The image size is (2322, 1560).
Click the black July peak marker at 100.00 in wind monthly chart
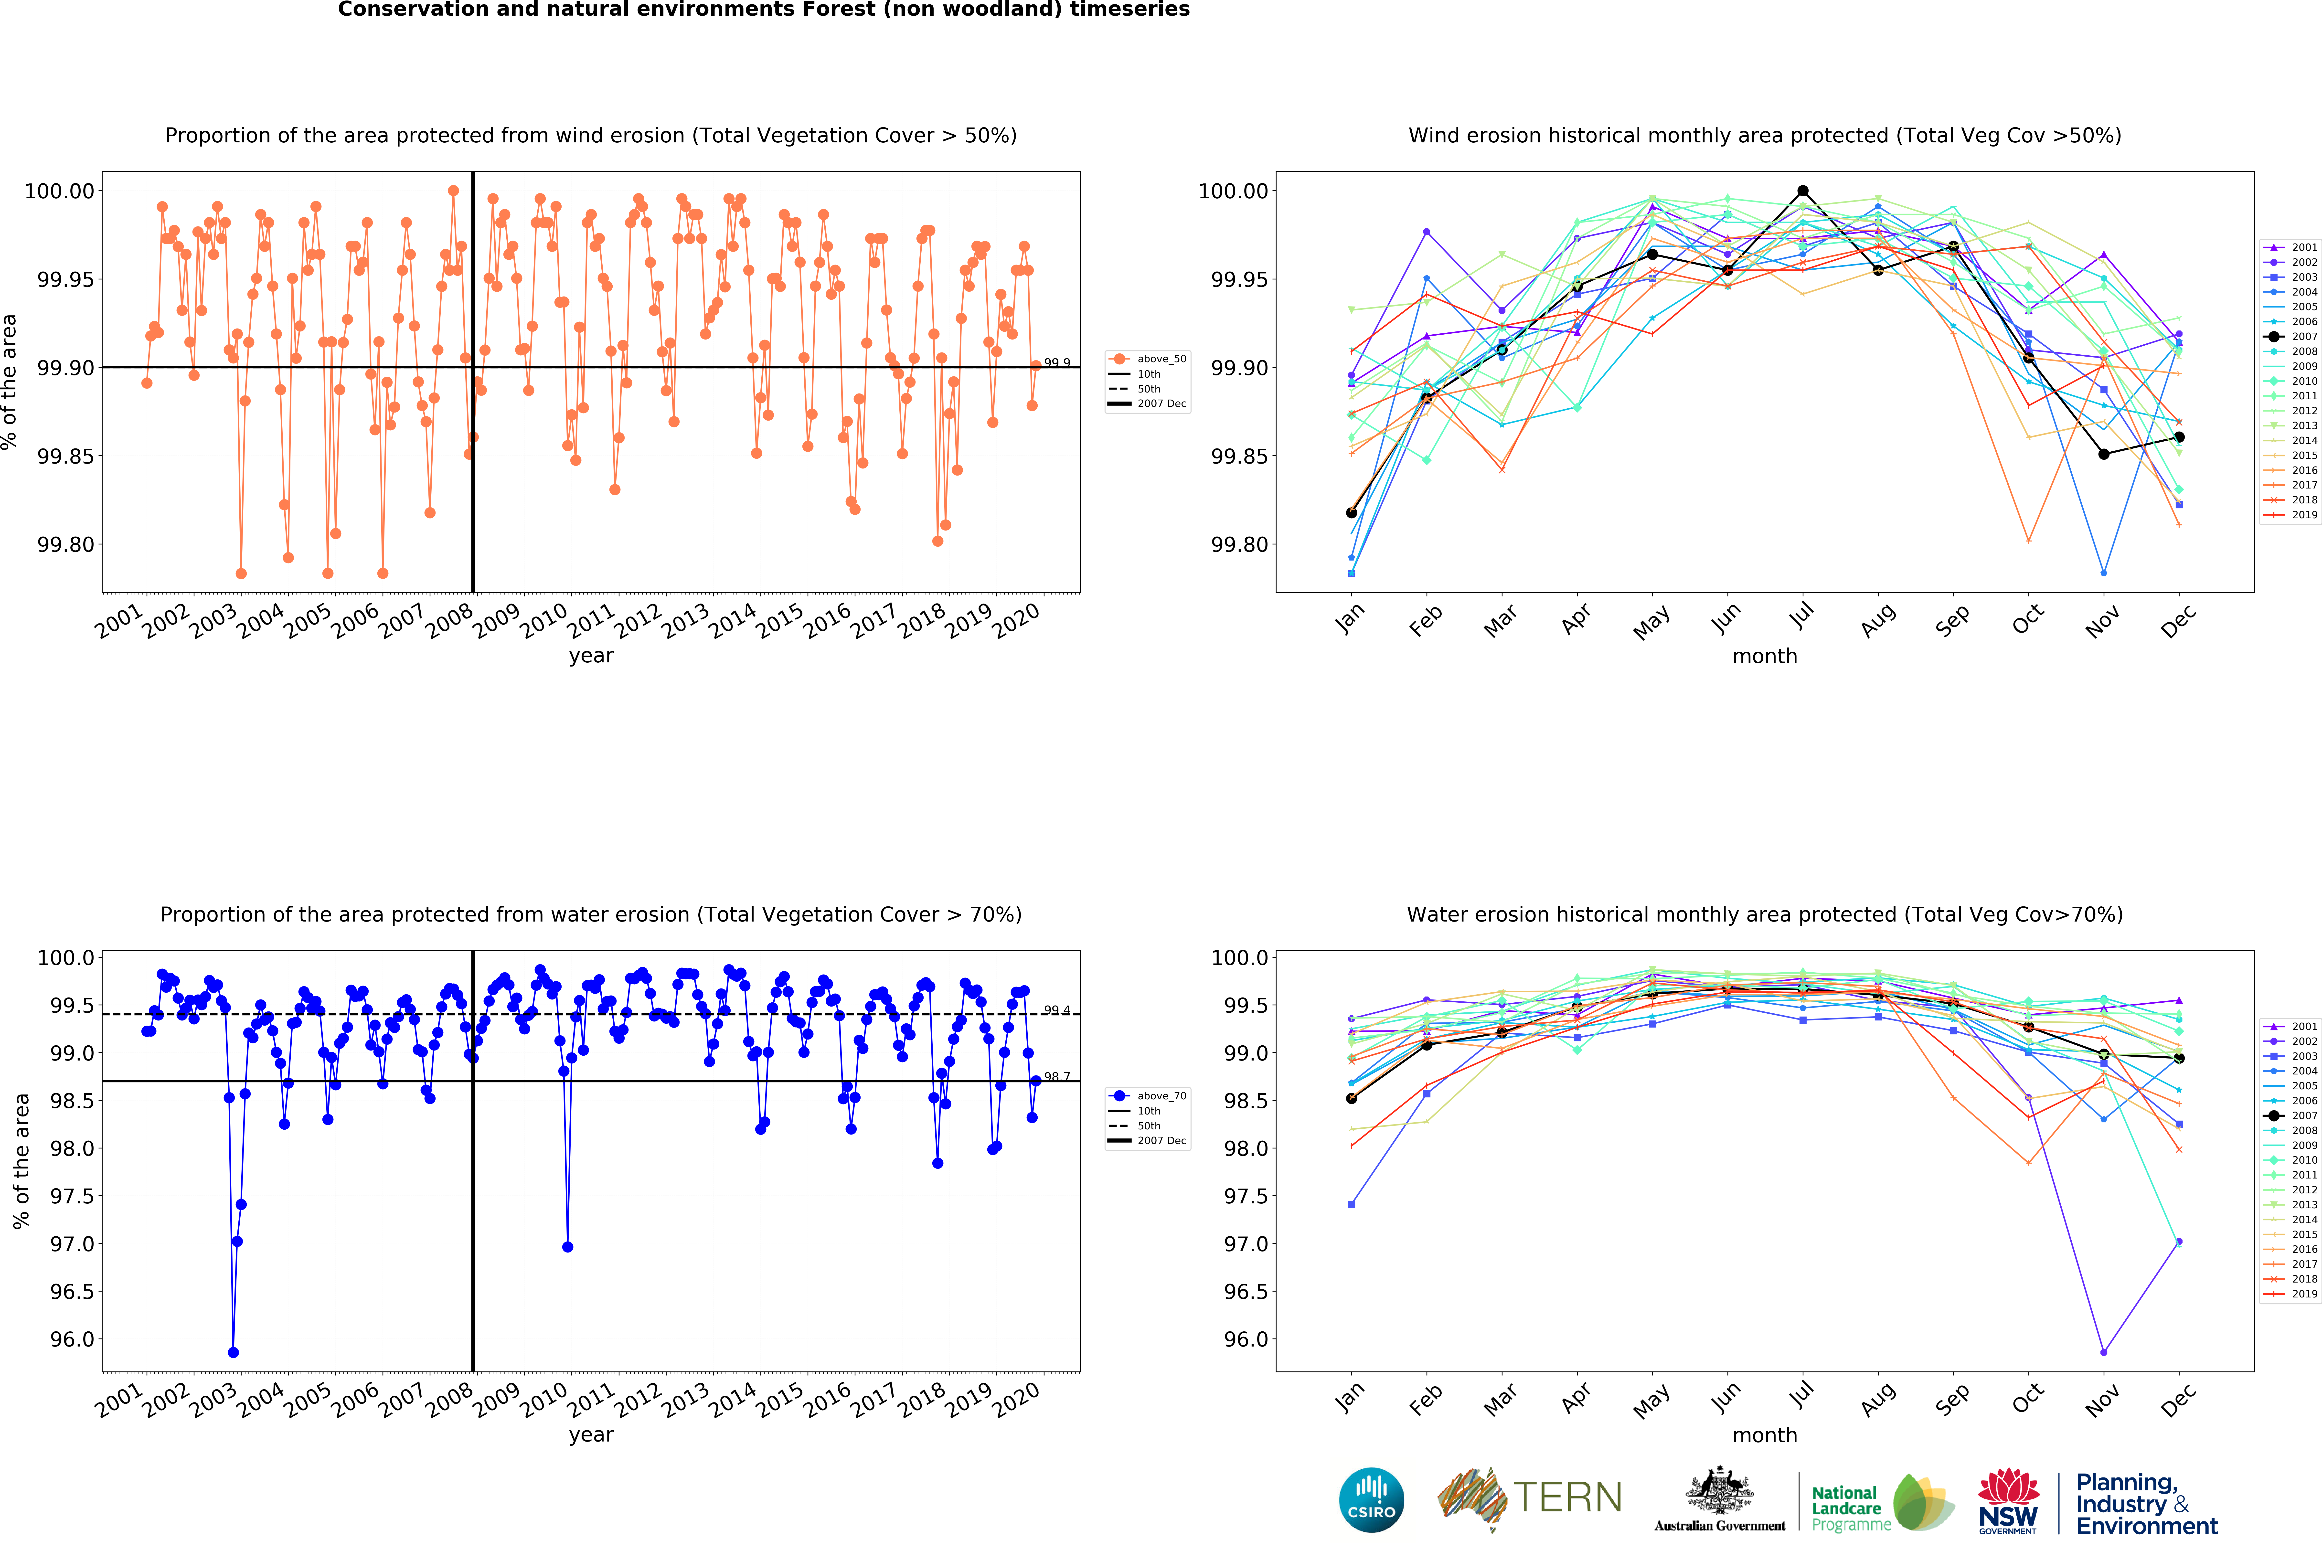click(1803, 191)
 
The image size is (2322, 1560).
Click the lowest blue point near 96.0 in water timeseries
click(233, 1352)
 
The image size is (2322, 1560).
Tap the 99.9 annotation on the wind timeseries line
click(1056, 363)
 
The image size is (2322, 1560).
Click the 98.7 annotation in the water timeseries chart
click(1056, 1076)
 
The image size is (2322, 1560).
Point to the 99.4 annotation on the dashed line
click(1056, 1010)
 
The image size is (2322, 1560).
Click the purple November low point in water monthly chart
click(2103, 1352)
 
